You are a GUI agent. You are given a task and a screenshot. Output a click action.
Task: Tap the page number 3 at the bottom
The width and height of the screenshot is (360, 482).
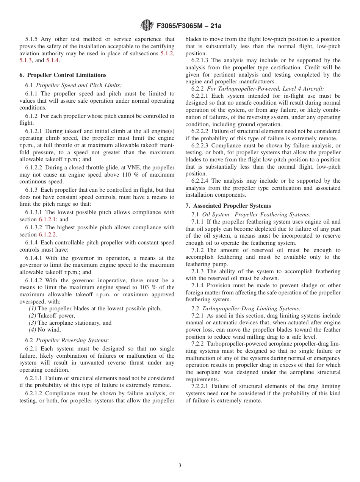[180, 466]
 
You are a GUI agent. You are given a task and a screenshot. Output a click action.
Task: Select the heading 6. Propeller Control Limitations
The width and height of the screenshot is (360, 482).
[63, 75]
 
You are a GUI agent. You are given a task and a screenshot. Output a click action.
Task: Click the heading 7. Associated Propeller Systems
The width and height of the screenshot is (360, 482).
[228, 206]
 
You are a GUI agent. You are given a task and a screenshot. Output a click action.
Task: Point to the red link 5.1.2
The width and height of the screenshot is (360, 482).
[167, 53]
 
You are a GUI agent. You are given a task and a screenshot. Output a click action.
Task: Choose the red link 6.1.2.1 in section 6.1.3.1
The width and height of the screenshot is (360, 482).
[48, 219]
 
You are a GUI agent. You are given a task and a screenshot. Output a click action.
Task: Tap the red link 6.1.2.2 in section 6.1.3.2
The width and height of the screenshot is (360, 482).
[48, 235]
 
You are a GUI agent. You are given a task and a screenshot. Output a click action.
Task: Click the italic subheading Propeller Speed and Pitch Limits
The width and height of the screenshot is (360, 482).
[79, 86]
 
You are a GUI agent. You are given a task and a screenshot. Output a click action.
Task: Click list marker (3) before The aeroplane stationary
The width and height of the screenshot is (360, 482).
[32, 323]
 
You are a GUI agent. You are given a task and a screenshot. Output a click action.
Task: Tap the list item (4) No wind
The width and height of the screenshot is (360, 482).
[45, 330]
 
